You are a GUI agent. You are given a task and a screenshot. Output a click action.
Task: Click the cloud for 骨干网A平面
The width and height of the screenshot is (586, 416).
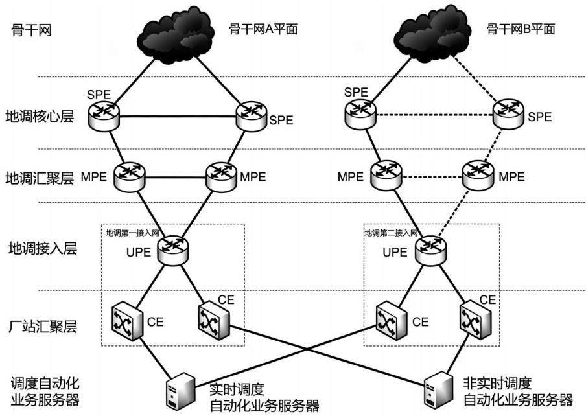coord(175,33)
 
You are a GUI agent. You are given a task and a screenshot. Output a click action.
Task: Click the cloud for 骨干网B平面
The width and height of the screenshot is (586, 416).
coord(434,33)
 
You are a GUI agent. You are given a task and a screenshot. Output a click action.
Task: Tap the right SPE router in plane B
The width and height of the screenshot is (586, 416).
coord(508,113)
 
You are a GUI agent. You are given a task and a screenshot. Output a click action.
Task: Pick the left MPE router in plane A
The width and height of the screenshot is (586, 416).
coord(130,177)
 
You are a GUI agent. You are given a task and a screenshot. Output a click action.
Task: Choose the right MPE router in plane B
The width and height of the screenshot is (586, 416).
coord(478,176)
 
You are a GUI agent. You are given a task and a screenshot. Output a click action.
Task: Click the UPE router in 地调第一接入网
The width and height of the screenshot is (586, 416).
coord(172,250)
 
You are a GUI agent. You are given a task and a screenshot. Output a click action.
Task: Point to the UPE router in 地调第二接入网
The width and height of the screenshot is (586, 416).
coord(430,250)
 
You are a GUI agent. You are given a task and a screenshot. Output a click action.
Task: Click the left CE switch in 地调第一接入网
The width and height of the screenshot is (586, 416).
coord(127,321)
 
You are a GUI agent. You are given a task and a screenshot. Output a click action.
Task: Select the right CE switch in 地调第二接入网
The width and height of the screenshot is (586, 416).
coord(475,320)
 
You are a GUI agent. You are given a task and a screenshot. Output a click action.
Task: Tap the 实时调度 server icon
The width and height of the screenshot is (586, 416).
coord(180,391)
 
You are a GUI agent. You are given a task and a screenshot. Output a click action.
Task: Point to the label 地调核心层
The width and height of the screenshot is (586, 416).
coord(40,117)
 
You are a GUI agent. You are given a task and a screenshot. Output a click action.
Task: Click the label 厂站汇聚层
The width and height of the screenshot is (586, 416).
coord(43,326)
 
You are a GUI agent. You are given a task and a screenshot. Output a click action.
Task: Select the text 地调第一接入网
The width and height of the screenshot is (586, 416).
coord(132,233)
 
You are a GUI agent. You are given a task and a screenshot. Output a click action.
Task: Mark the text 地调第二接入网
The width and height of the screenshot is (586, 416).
coord(391,233)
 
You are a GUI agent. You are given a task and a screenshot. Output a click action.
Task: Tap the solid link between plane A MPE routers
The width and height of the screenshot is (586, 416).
coord(176,177)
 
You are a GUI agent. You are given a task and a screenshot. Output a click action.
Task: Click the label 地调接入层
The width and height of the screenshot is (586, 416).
coord(43,248)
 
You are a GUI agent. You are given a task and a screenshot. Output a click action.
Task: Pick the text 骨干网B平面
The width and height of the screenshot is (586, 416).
coord(521,29)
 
